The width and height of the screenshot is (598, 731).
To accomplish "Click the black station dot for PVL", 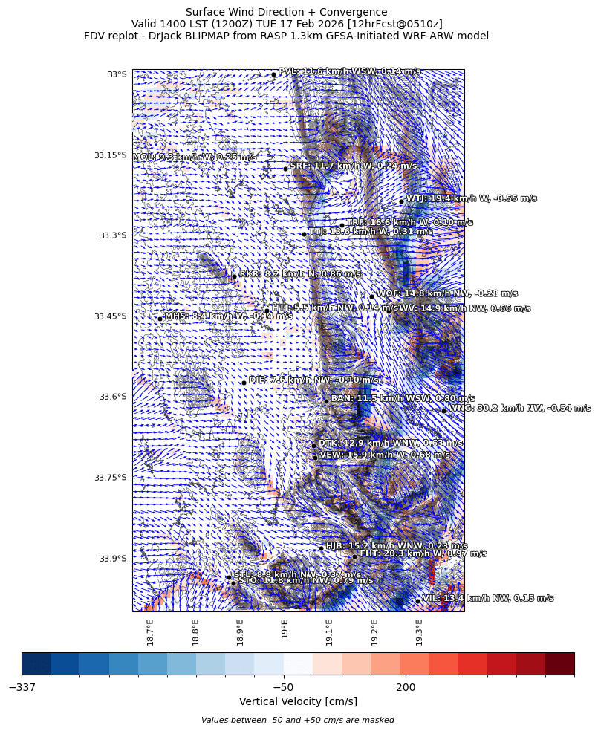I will click(273, 74).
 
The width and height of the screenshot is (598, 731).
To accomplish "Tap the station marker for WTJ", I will click(401, 201).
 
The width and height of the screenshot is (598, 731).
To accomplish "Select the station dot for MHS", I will click(160, 319).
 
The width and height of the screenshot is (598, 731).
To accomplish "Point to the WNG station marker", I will click(443, 411).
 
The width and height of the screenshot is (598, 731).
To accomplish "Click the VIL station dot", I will click(417, 601).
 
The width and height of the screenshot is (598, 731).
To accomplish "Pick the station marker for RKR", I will click(234, 276).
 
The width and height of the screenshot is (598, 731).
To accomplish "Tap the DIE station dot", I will click(244, 383).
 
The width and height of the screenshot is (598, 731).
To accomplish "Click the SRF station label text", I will click(353, 166).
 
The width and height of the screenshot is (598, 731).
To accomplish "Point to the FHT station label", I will click(423, 554).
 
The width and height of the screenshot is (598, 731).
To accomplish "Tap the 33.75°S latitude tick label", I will click(111, 478).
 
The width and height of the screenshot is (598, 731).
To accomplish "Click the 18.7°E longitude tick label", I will click(150, 632).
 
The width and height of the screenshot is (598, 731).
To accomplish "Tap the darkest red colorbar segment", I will click(559, 663).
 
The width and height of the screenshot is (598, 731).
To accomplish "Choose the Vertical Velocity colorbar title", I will click(298, 702).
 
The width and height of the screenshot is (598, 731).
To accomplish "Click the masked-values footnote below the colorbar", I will click(298, 720).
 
